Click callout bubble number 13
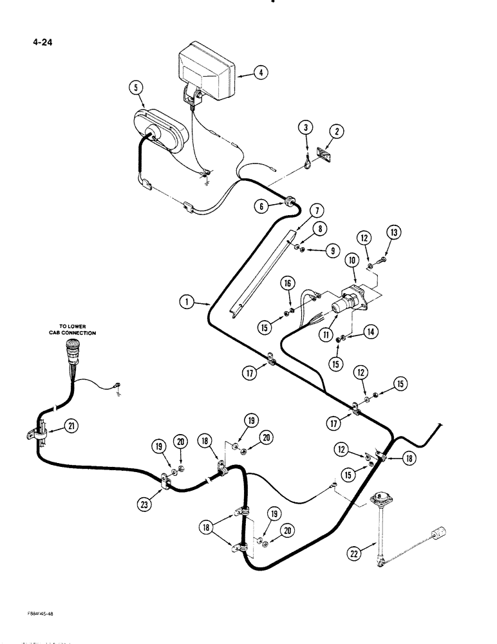[x=392, y=232]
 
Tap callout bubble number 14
[x=370, y=331]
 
